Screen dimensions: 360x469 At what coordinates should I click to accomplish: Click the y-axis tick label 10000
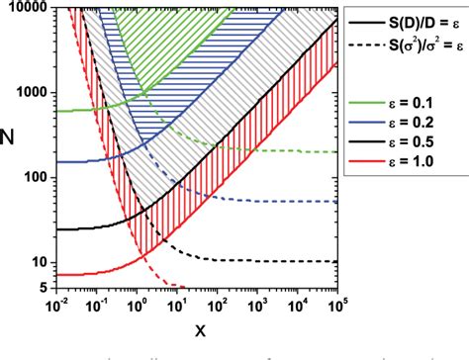tap(31, 8)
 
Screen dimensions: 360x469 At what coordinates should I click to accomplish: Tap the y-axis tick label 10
tap(41, 262)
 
